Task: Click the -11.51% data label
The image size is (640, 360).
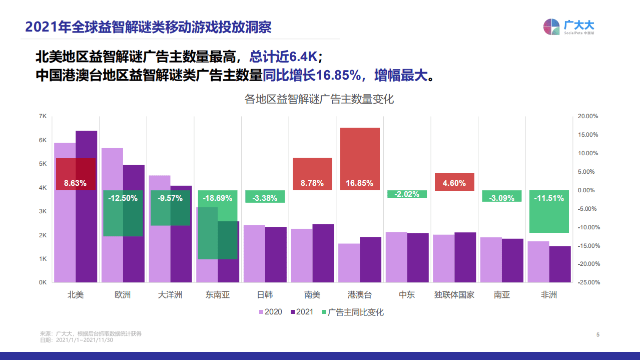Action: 548,198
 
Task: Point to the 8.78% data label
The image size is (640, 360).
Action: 312,183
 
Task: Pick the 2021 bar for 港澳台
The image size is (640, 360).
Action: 370,260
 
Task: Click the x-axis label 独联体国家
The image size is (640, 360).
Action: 454,295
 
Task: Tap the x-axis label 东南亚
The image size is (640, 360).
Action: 217,295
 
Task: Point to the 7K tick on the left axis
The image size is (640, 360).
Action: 43,116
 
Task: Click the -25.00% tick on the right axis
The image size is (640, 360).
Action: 588,282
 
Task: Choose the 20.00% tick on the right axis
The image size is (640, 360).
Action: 588,116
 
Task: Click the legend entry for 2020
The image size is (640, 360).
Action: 270,312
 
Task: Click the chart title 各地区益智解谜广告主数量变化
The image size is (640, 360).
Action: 319,99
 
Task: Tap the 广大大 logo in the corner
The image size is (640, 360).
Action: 568,27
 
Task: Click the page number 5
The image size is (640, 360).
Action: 597,334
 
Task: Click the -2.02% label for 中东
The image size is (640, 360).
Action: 407,194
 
